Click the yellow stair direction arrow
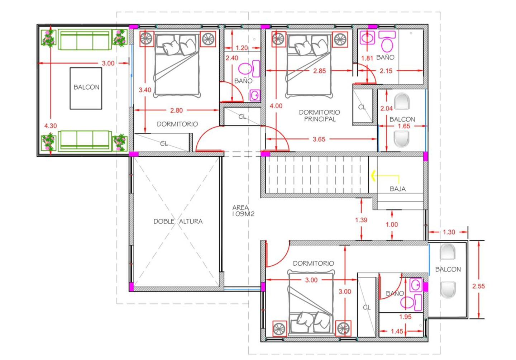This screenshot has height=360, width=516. click(385, 176)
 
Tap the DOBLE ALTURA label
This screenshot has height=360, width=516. click(178, 222)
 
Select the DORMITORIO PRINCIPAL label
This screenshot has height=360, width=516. click(319, 116)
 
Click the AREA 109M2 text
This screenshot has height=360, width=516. click(243, 211)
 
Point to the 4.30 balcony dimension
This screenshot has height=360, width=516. click(51, 126)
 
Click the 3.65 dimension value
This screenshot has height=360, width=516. click(319, 139)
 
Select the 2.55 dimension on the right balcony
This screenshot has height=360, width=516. click(478, 286)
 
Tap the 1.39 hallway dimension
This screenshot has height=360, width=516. click(361, 220)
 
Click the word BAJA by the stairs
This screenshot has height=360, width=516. click(398, 189)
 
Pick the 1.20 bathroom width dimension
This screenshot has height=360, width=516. click(242, 48)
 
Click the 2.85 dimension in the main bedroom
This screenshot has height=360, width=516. click(320, 71)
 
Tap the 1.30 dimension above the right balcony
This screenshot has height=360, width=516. click(449, 232)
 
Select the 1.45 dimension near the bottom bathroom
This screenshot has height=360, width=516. click(397, 331)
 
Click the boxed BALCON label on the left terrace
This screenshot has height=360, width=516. click(86, 87)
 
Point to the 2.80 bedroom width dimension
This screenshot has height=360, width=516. click(176, 111)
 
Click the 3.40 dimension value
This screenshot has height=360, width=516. click(145, 90)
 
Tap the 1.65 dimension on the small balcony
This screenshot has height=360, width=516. click(404, 126)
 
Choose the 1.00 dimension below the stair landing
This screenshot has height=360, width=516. click(392, 224)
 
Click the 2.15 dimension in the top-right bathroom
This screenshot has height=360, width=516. click(386, 71)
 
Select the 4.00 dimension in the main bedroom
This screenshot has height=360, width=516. click(276, 106)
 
